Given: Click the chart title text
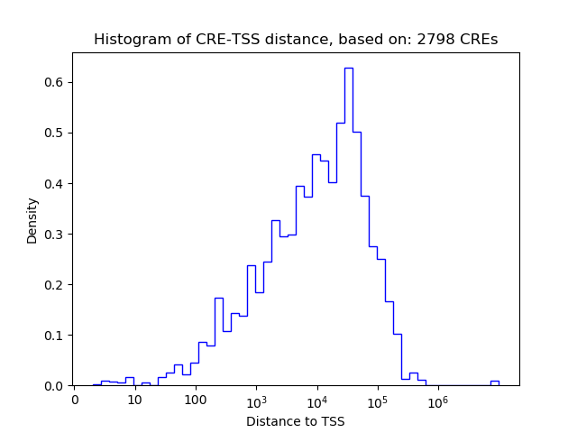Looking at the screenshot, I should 296,40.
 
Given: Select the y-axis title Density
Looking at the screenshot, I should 32,220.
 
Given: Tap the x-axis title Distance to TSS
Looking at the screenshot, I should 296,421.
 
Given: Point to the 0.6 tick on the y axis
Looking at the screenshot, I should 54,83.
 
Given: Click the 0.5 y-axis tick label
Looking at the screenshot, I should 54,134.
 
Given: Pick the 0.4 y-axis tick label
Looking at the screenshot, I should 54,184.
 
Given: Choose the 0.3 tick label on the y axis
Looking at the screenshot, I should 54,235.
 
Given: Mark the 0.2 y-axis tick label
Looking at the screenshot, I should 54,285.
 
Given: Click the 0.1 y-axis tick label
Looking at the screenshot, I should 54,336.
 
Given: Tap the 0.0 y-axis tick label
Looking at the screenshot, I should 54,386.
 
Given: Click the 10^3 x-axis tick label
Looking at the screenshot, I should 256,400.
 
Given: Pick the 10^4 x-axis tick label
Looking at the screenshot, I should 316,400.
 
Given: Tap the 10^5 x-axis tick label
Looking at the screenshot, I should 377,400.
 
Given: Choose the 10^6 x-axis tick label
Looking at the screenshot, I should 438,400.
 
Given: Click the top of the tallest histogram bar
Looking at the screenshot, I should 349,69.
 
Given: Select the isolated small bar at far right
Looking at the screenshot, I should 494,382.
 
